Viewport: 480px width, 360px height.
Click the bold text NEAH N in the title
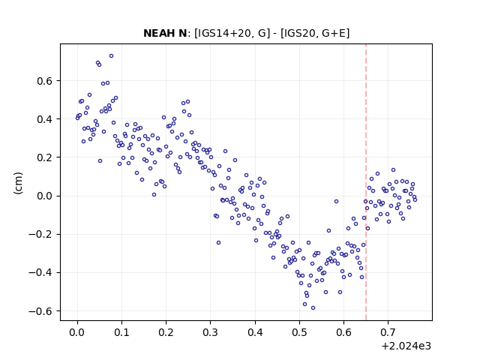click(165, 33)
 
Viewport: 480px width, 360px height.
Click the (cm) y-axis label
click(18, 183)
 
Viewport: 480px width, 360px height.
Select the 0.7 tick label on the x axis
click(388, 332)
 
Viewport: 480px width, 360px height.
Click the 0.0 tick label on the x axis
click(77, 332)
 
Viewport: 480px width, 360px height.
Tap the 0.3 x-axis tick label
click(210, 332)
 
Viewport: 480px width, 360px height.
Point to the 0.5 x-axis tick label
click(299, 332)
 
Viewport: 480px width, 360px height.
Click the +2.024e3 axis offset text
click(406, 346)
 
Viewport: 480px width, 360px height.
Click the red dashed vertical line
click(366, 182)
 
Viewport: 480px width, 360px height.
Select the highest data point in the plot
click(112, 56)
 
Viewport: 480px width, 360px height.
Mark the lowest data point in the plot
click(313, 308)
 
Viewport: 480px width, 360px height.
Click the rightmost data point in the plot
click(415, 200)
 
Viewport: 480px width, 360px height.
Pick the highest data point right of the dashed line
click(393, 170)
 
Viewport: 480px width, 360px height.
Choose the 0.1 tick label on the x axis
click(121, 332)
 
